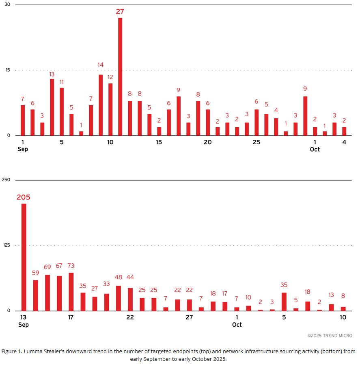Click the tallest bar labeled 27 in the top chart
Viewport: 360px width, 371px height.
[120, 77]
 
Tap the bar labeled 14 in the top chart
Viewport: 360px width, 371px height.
[101, 105]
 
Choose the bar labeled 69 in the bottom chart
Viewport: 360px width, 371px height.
[47, 293]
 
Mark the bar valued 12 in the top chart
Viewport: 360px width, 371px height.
[110, 109]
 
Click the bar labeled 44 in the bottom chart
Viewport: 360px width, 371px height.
[130, 299]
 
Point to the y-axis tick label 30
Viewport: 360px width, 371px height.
[7, 4]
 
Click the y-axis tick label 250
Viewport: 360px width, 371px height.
[6, 180]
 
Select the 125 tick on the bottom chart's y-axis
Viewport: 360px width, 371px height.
[6, 245]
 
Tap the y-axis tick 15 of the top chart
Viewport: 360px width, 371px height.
[7, 70]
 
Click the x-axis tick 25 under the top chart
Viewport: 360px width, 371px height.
[257, 142]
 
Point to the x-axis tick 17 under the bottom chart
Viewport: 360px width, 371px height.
[71, 317]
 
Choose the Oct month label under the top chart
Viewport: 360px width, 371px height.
[315, 149]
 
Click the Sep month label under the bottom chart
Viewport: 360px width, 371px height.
[24, 325]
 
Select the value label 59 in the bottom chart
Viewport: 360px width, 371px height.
[36, 273]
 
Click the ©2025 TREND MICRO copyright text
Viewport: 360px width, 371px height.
[330, 336]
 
